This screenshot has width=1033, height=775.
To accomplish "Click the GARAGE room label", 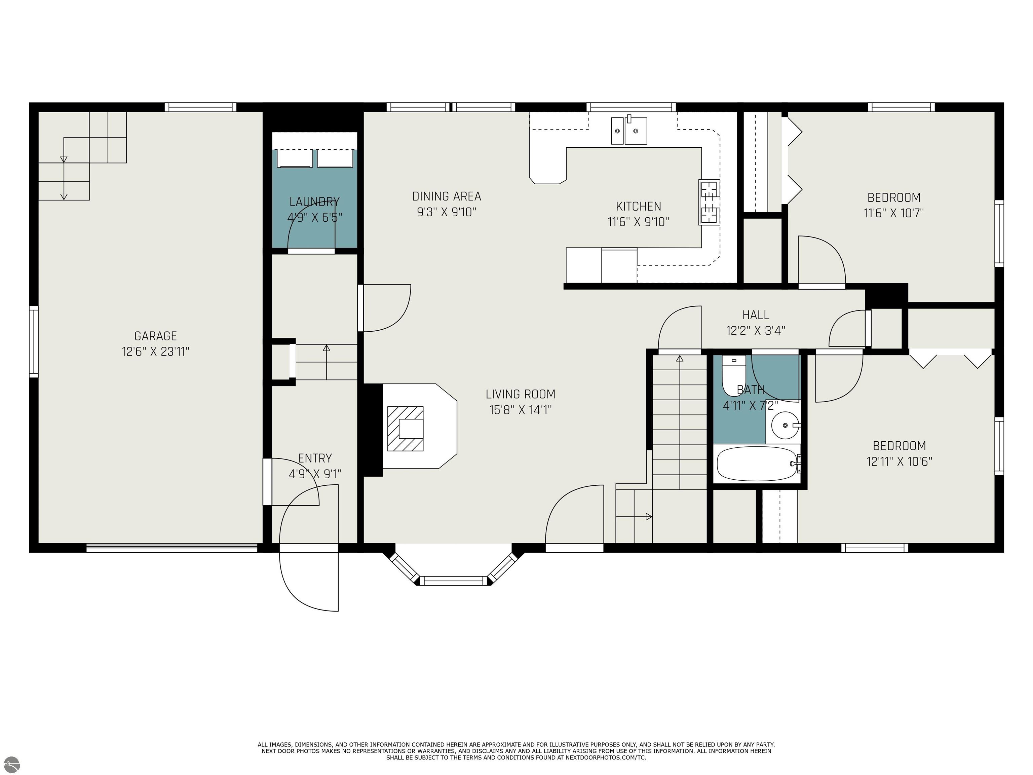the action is click(155, 336).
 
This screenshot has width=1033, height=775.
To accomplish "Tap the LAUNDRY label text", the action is click(314, 202).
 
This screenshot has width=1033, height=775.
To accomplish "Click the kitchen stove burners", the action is click(709, 202).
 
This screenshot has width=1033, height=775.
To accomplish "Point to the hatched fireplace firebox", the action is click(405, 429).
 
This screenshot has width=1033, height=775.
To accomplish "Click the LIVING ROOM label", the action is click(520, 394).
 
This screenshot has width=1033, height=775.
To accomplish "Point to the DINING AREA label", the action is click(447, 196).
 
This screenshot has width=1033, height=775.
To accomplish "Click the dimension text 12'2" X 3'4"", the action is click(756, 331).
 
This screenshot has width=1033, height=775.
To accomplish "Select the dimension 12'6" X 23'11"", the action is click(155, 351).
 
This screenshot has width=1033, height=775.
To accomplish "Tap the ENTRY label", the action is click(315, 458).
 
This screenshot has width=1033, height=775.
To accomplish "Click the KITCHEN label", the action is click(638, 206).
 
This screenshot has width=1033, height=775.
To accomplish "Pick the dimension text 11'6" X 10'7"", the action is click(894, 213).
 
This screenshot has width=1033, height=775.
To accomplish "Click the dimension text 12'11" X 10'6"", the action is click(900, 462).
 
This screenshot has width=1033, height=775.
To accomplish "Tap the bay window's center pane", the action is click(453, 581).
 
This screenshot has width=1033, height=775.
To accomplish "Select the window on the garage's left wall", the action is click(34, 341).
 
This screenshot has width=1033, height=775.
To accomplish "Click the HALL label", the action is click(756, 315).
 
